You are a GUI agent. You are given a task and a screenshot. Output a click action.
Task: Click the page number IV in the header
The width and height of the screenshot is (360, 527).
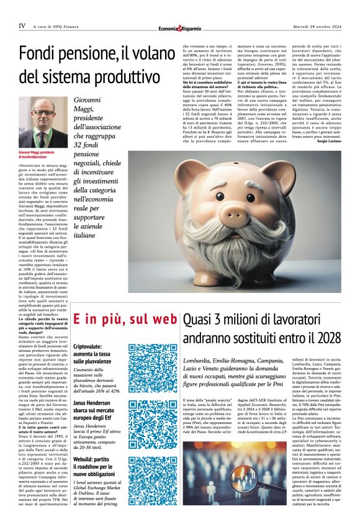tap(22, 26)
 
